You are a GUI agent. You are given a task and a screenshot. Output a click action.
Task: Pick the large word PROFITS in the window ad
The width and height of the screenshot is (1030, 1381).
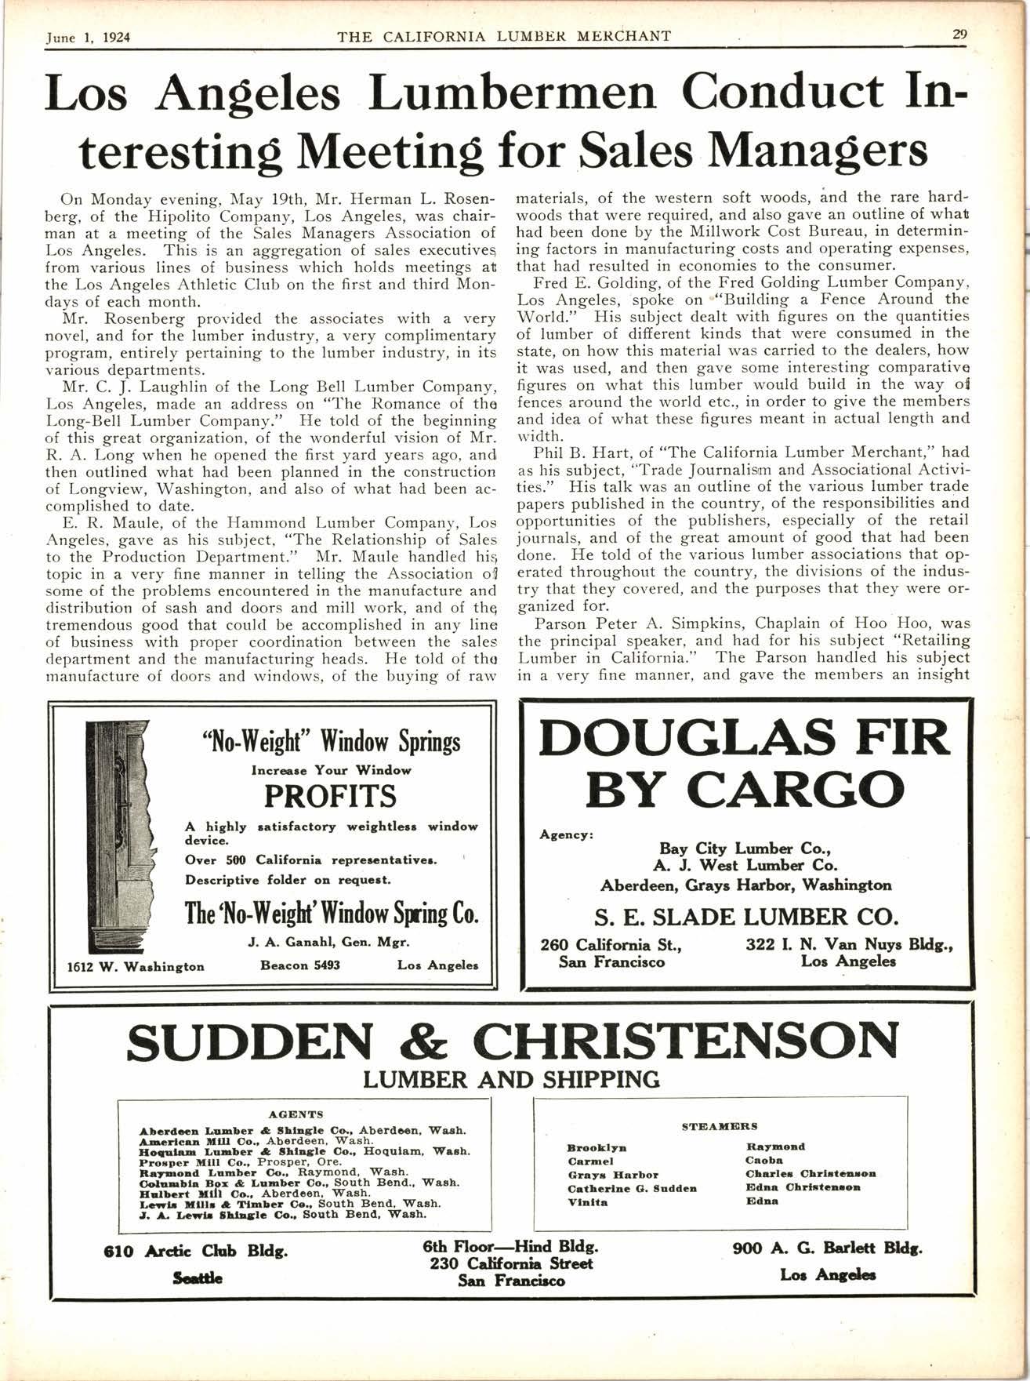tap(331, 797)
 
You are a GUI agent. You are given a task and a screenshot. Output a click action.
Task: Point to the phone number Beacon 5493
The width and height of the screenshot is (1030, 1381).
tap(299, 965)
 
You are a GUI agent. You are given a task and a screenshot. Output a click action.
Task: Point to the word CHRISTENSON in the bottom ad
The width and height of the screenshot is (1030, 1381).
tap(686, 1041)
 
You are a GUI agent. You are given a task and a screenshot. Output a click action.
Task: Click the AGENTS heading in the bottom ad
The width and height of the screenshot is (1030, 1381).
tap(296, 1114)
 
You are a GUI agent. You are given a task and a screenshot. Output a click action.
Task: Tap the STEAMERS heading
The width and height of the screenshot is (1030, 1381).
tap(720, 1126)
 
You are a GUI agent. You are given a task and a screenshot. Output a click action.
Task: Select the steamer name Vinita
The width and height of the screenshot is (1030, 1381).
tap(587, 1202)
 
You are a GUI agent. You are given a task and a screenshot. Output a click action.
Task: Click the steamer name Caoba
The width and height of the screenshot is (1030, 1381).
tap(763, 1160)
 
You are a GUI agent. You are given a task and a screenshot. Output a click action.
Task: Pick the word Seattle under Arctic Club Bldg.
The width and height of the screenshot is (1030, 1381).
tap(196, 1278)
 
